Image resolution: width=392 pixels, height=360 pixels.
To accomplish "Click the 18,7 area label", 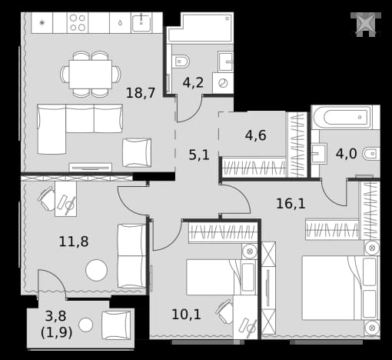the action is coord(141,93).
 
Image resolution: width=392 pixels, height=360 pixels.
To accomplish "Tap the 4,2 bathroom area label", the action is coord(193,82).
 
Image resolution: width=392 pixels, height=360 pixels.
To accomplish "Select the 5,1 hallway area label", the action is coord(199,155).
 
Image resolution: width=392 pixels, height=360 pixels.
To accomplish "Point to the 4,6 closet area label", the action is coord(256,135).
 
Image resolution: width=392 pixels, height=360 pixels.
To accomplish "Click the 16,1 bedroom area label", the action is coord(291,204).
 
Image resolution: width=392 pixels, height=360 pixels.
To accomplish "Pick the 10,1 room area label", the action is coord(186,315).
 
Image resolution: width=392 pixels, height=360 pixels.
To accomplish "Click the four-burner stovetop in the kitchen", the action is coord(78,22).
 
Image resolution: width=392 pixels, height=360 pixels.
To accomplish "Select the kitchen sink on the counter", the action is coord(141,22).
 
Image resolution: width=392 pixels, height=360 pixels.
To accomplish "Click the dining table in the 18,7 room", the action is coord(91,75).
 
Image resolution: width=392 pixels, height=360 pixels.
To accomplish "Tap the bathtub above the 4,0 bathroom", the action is coord(341,118).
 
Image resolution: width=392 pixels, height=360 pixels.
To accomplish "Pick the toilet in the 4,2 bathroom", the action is coord(181,62).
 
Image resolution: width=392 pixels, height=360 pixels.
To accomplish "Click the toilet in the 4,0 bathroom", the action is coord(371,154).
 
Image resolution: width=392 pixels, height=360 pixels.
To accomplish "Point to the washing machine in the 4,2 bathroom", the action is coord(223,83).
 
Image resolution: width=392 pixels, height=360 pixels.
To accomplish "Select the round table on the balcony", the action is coord(85,325).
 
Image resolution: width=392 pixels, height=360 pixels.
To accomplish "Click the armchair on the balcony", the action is coord(117,325).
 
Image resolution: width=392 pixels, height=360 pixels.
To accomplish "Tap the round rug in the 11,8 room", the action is coord(97,270).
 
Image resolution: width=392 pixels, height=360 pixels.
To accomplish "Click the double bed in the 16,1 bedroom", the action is coord(341,288).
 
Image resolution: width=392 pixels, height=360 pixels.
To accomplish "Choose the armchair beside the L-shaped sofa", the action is coord(137,153).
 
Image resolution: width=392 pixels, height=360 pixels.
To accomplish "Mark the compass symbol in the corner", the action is coord(366,25).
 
